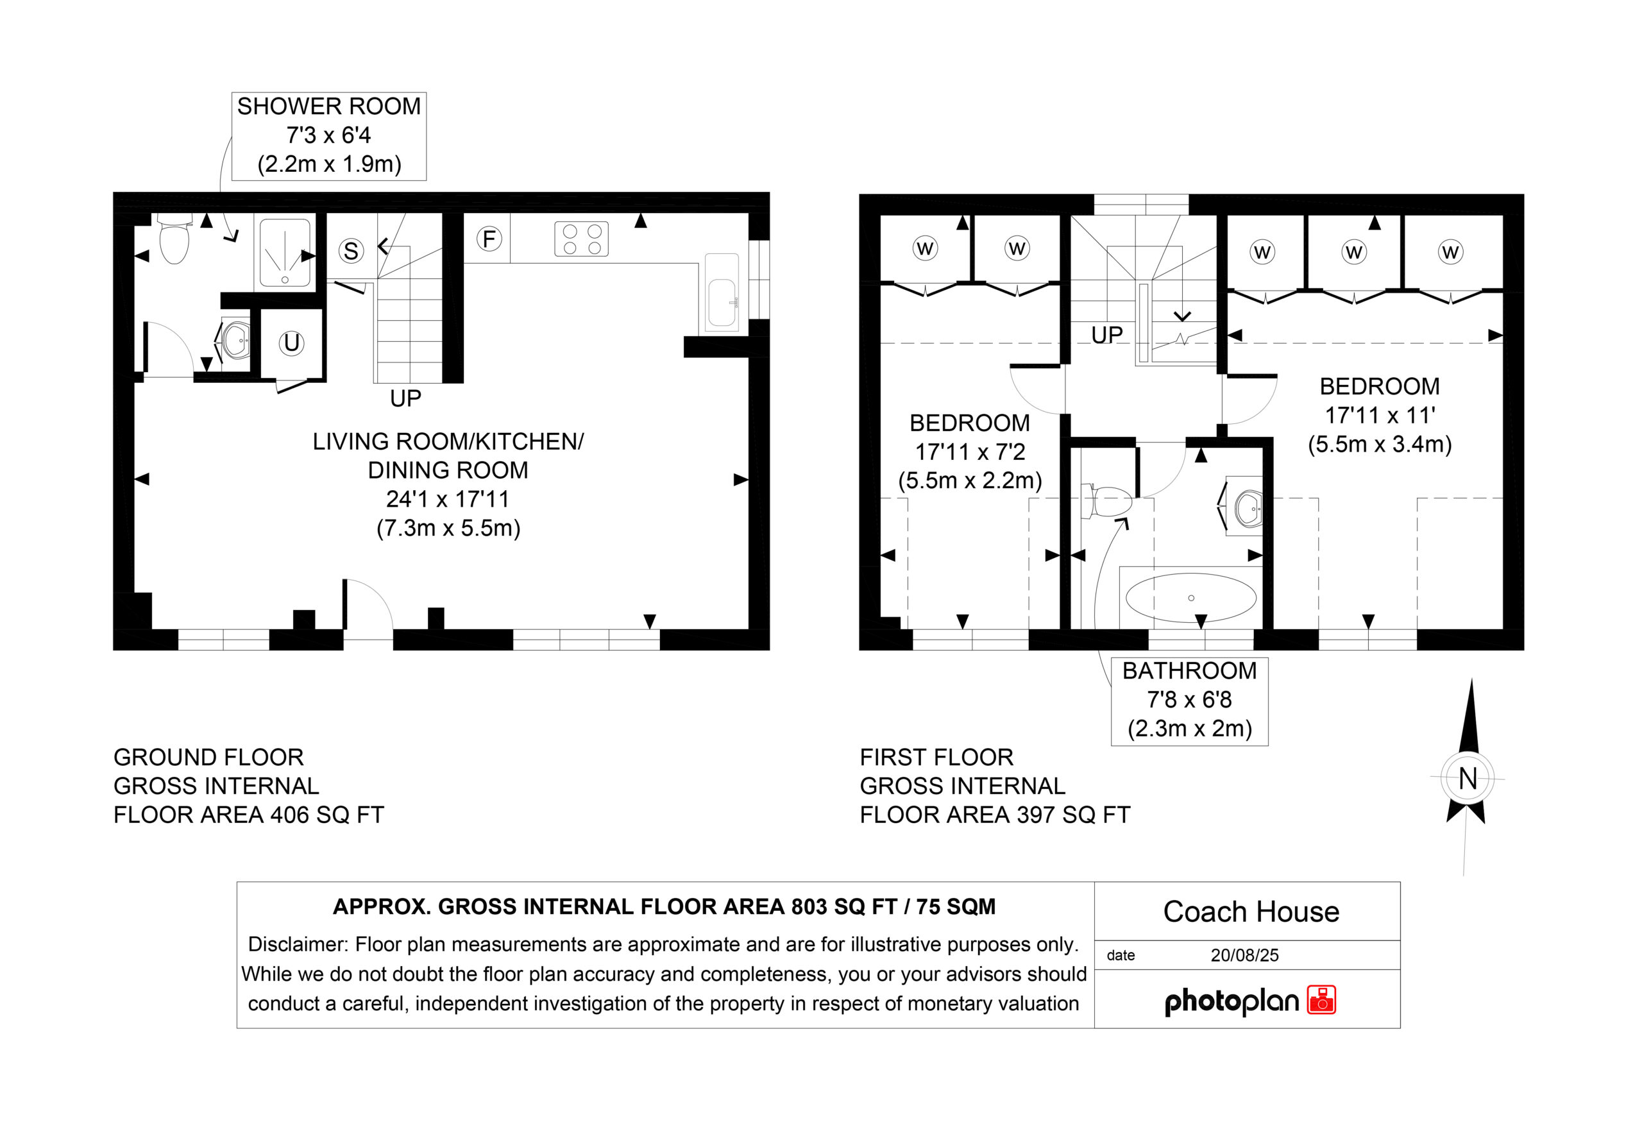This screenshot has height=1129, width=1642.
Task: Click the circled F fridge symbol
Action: point(489,239)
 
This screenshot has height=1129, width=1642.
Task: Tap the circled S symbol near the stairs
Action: point(351,250)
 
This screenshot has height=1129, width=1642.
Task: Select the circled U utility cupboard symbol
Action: point(291,343)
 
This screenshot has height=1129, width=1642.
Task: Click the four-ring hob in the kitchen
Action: point(582,239)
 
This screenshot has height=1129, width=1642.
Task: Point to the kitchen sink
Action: point(722,294)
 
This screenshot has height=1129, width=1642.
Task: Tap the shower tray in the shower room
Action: point(284,254)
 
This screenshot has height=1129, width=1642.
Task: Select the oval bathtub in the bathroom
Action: point(1191,598)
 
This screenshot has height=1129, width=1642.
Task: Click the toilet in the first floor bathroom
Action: point(1108,503)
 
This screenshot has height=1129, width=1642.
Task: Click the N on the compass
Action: point(1468,779)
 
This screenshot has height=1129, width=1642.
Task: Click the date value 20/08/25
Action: point(1244,955)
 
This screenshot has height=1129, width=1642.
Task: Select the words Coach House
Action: point(1251,912)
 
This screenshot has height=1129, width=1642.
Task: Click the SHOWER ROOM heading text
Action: point(329,106)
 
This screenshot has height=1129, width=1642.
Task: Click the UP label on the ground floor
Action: point(405,399)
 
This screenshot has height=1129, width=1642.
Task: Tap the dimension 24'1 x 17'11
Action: point(448,500)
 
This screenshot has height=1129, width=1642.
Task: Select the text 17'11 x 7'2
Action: point(970,452)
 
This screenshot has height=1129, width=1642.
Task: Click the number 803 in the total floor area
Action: point(812,907)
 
